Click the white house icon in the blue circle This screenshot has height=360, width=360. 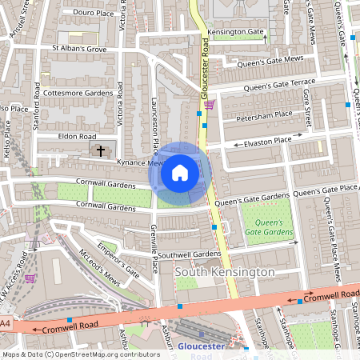(180, 173)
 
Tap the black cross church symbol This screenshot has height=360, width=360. (101, 150)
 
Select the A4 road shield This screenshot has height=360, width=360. (6, 323)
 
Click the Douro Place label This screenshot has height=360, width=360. (94, 13)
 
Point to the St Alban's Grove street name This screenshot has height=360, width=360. (79, 48)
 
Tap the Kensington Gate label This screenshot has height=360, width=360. (235, 32)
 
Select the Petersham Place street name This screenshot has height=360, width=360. (264, 115)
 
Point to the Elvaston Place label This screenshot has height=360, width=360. (267, 142)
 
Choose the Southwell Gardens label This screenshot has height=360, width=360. (189, 254)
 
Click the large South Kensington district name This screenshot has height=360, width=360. (224, 272)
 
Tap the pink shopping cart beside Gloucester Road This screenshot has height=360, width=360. (209, 104)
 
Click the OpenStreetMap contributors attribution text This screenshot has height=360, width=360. (81, 354)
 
